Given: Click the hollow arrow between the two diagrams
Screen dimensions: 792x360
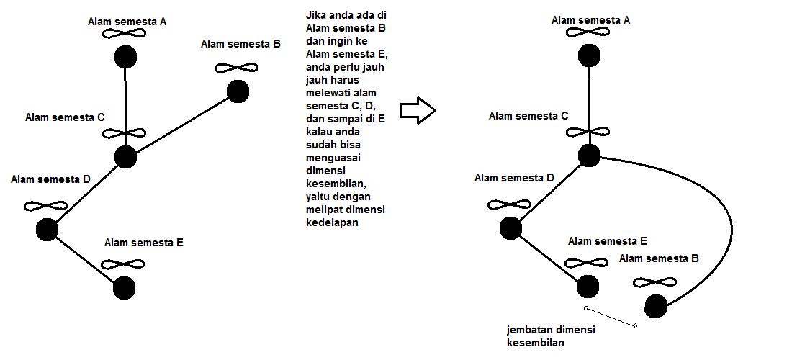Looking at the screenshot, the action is (418, 111).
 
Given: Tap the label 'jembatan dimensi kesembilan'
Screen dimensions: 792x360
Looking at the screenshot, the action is (551, 336).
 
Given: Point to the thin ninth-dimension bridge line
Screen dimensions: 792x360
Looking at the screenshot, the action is (611, 317).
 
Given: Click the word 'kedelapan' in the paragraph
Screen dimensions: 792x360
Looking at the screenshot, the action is (332, 222).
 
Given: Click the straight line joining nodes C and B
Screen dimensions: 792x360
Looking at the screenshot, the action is (182, 125).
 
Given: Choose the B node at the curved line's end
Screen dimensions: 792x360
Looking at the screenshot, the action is (656, 306).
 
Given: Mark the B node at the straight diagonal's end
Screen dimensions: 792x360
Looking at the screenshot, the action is (238, 91).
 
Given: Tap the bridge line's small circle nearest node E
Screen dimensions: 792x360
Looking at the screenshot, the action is (586, 307).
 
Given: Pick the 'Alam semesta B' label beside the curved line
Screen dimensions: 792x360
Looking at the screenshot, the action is (659, 258).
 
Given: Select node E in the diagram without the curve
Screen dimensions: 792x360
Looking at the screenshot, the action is (125, 288).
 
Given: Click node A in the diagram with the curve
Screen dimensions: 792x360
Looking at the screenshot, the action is (589, 55).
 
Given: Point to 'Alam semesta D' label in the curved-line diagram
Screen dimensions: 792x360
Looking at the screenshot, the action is (514, 178).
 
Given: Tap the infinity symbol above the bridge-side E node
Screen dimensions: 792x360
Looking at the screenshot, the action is (586, 263).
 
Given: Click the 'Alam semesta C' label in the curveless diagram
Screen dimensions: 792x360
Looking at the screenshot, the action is (65, 117).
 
